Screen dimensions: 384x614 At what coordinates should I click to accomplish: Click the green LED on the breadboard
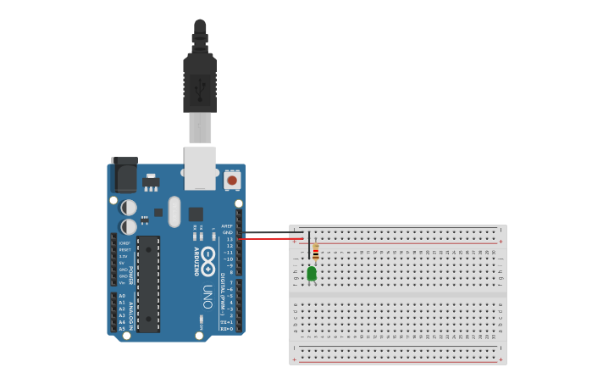[312, 273]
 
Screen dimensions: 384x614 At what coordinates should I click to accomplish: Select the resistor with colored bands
[316, 253]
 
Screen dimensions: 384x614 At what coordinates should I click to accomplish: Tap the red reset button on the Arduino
[232, 180]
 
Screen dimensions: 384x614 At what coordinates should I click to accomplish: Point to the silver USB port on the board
[200, 167]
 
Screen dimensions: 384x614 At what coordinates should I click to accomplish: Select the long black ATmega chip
[148, 284]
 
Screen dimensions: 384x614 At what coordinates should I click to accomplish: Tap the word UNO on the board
[207, 296]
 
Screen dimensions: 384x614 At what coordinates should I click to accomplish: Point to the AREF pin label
[227, 226]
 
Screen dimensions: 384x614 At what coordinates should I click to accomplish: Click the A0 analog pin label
[122, 296]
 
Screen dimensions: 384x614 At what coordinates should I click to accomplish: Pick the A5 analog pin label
[122, 328]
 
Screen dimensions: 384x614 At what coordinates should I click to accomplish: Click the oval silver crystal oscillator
[174, 212]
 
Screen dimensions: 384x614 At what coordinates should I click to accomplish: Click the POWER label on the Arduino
[130, 274]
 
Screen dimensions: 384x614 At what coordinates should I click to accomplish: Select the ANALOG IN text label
[131, 314]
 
